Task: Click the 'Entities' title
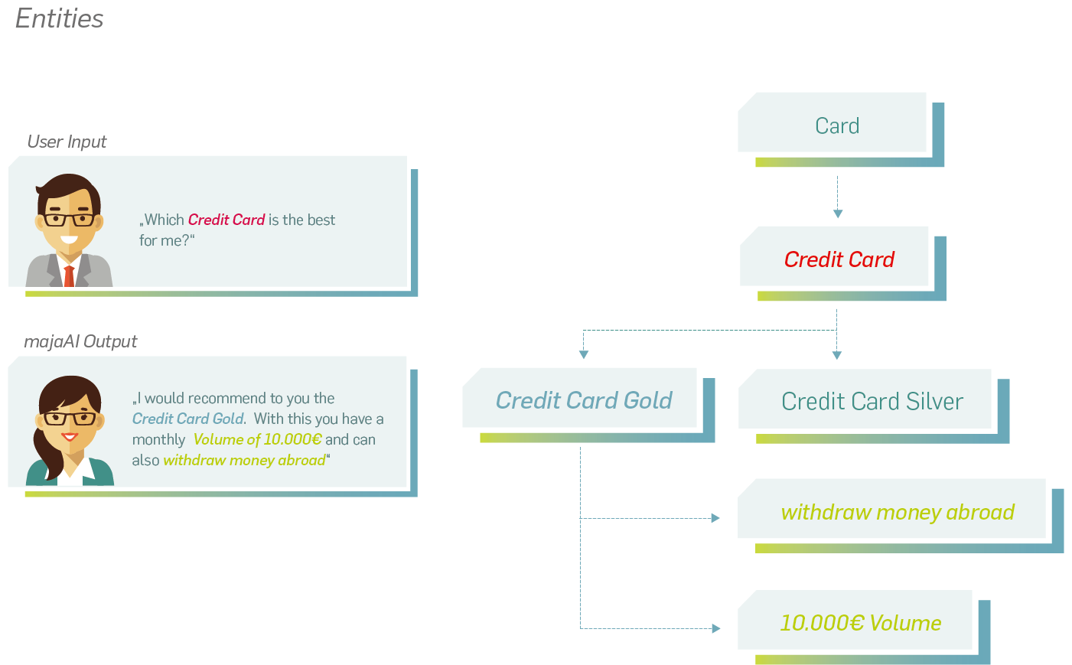point(60,19)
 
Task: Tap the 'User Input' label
point(67,142)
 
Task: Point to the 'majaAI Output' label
point(80,341)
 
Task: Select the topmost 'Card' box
point(840,129)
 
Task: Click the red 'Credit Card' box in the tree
point(842,263)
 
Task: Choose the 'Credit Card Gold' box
point(588,405)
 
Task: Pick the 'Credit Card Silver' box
point(874,406)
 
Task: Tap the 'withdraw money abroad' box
point(900,516)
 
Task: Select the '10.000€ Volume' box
point(864,627)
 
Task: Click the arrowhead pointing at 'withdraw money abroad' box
point(715,518)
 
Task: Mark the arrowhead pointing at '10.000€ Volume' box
point(716,628)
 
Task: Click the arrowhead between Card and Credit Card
point(838,214)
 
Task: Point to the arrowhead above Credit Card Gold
point(583,354)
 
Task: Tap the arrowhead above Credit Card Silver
point(836,355)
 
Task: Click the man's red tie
point(69,275)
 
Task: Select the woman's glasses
point(70,419)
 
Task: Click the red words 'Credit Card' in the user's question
point(226,220)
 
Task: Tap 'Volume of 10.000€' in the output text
point(257,439)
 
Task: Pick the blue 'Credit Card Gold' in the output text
point(188,419)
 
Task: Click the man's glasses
point(70,220)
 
